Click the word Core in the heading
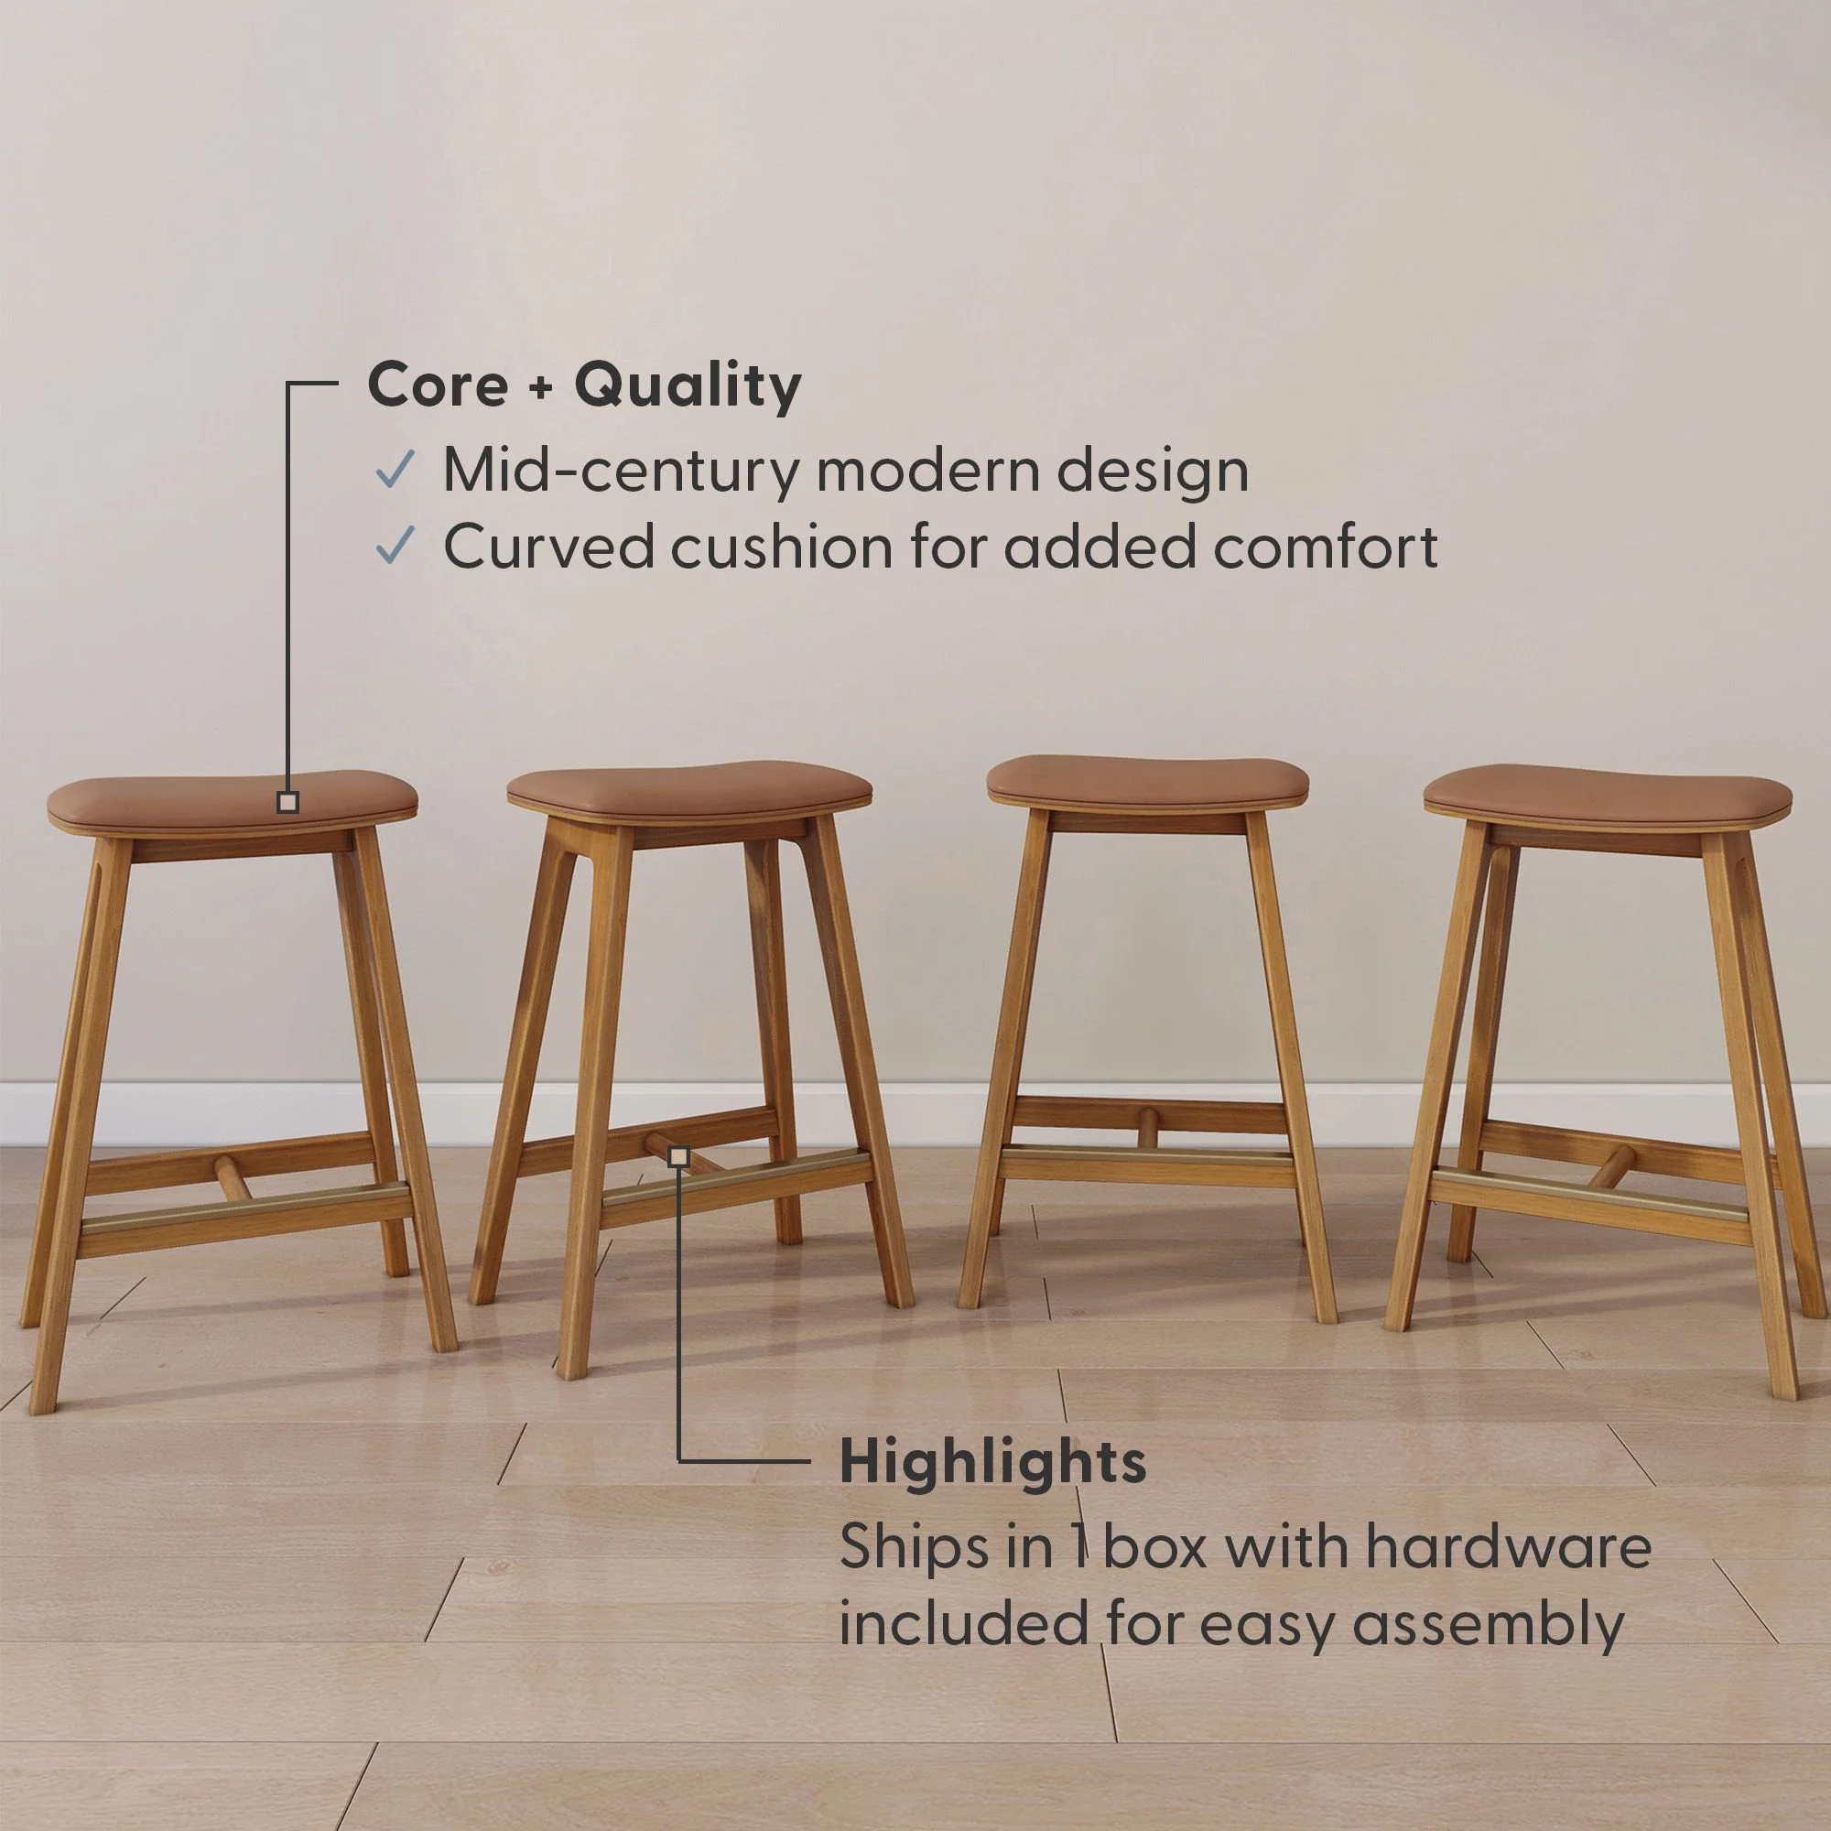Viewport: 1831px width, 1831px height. pos(437,385)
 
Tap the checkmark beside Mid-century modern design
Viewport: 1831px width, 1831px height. pos(395,469)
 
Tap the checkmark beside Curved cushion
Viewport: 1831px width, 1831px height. pos(395,546)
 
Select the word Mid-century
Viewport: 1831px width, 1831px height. pos(621,471)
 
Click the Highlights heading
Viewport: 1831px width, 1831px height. pos(992,1462)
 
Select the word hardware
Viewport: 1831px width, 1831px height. pos(1509,1546)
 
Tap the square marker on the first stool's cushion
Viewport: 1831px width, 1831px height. pos(288,803)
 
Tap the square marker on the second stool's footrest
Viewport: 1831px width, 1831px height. pos(677,1156)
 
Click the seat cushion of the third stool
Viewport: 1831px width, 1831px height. pos(1148,782)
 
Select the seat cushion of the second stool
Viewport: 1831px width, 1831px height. pos(689,787)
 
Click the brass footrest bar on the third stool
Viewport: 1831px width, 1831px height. pos(1147,1153)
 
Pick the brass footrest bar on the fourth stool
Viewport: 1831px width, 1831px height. pos(1590,1193)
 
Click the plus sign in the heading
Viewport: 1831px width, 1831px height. pos(540,387)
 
